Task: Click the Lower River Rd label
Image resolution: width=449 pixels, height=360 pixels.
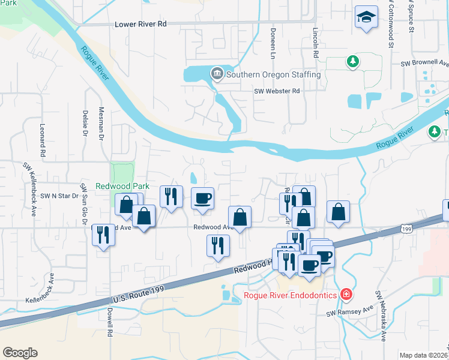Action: pos(140,25)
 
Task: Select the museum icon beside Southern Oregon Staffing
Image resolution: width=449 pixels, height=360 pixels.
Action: pos(216,74)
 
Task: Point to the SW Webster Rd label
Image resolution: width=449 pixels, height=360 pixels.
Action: pos(276,91)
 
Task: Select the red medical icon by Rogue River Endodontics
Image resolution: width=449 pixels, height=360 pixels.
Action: pos(346,294)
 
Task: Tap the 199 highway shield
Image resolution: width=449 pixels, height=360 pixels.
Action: pos(406,228)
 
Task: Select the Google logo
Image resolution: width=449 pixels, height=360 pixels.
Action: pos(20,352)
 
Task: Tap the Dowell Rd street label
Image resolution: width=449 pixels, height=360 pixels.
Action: pos(110,323)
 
